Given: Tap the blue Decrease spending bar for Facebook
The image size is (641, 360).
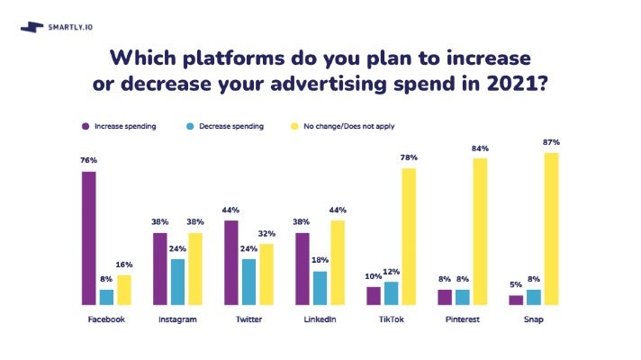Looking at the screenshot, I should coord(106,297).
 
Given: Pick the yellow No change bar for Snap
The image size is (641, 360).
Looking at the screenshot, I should coord(551,229).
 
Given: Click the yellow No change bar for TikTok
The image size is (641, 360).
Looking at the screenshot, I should coord(410,237).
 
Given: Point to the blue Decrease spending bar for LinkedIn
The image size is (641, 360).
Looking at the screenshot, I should coord(320,288).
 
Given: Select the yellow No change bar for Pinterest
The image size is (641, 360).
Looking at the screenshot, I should coord(480,232).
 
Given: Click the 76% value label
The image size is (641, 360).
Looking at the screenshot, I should coord(88,161).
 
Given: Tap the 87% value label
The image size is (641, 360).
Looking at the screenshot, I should coord(552,142).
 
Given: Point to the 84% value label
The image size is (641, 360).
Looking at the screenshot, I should coord(480,148).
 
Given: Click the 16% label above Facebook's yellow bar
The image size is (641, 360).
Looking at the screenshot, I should coord(124,265).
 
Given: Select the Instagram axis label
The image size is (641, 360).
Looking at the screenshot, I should coord(177,319).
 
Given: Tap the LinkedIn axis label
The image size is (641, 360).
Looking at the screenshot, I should coord(320,319).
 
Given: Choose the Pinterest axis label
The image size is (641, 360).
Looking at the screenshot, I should coord(463,319).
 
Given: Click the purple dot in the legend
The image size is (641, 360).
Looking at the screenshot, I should coord(85,126).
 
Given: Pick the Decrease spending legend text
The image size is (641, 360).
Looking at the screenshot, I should coord(230,126).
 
